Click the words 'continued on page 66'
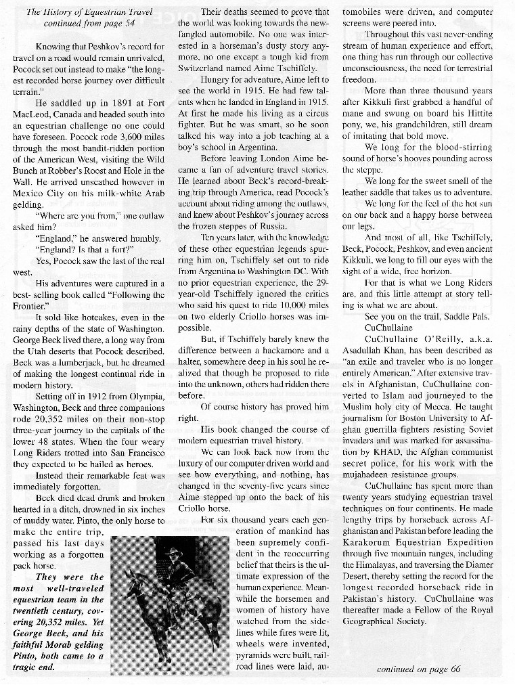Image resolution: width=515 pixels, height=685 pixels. click(418, 669)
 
